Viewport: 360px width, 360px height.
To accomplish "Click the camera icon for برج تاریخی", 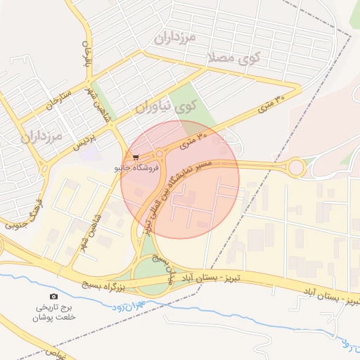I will (54, 297).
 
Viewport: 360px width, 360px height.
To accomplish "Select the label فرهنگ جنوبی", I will (26, 211).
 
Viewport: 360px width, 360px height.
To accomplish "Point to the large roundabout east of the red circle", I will (295, 167).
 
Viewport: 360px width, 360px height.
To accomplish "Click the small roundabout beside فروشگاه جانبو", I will (160, 155).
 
